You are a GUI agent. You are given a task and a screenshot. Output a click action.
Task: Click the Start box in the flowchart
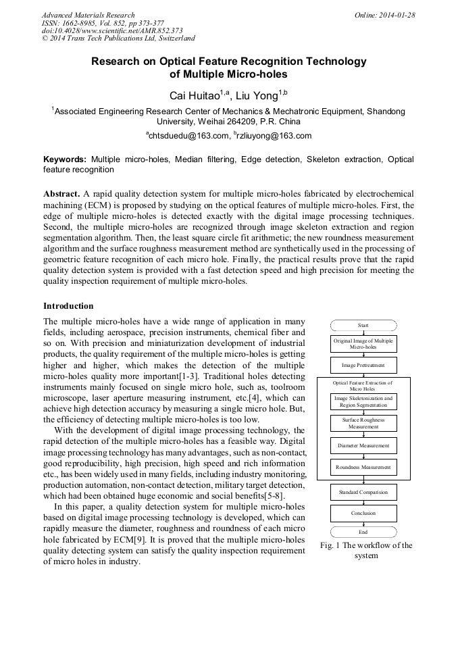click(x=363, y=325)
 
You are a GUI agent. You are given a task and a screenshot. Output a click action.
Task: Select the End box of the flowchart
click(x=363, y=532)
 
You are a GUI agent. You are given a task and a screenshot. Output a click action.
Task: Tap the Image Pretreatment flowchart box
click(x=363, y=364)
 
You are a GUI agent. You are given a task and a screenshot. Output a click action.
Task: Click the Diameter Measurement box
click(x=363, y=445)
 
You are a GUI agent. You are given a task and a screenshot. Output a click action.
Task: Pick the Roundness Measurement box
click(x=363, y=467)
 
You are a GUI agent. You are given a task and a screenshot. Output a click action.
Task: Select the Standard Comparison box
click(x=363, y=492)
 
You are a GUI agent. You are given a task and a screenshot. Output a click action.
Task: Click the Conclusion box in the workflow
click(x=363, y=513)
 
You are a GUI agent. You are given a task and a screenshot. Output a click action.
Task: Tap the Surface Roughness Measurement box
click(x=363, y=423)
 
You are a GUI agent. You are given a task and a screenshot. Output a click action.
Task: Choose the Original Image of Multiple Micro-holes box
click(x=363, y=344)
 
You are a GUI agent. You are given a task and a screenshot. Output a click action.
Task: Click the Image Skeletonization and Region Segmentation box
click(x=363, y=402)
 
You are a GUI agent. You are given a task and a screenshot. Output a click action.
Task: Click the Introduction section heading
click(x=68, y=306)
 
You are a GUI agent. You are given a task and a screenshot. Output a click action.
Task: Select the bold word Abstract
click(x=61, y=193)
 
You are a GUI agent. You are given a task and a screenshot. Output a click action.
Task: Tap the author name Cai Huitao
click(x=196, y=95)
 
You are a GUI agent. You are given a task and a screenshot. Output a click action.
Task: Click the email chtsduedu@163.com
click(x=188, y=136)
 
